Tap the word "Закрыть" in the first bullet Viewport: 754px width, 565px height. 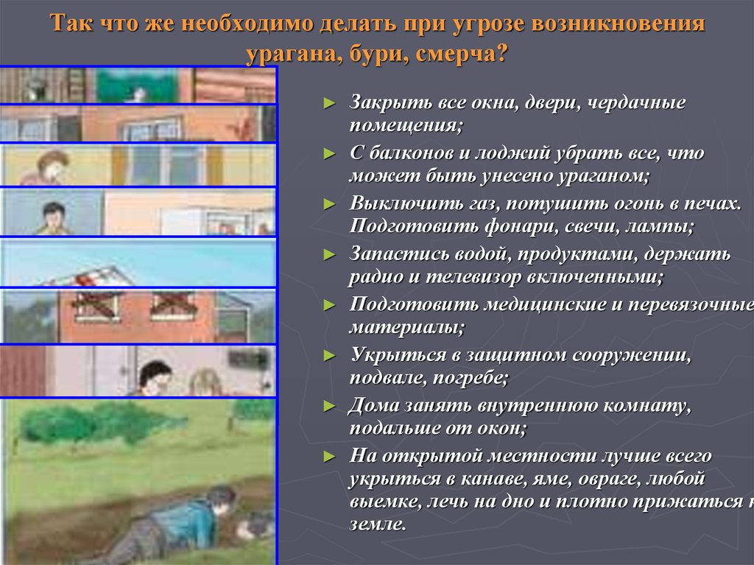coord(384,103)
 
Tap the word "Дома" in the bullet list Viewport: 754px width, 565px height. coord(375,405)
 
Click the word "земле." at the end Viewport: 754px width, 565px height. coord(377,525)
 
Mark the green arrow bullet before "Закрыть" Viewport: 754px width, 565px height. coord(330,104)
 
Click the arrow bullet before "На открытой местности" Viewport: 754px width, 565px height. coord(330,456)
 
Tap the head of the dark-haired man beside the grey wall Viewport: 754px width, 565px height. coord(53,215)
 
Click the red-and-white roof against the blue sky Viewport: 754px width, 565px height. coord(99,276)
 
